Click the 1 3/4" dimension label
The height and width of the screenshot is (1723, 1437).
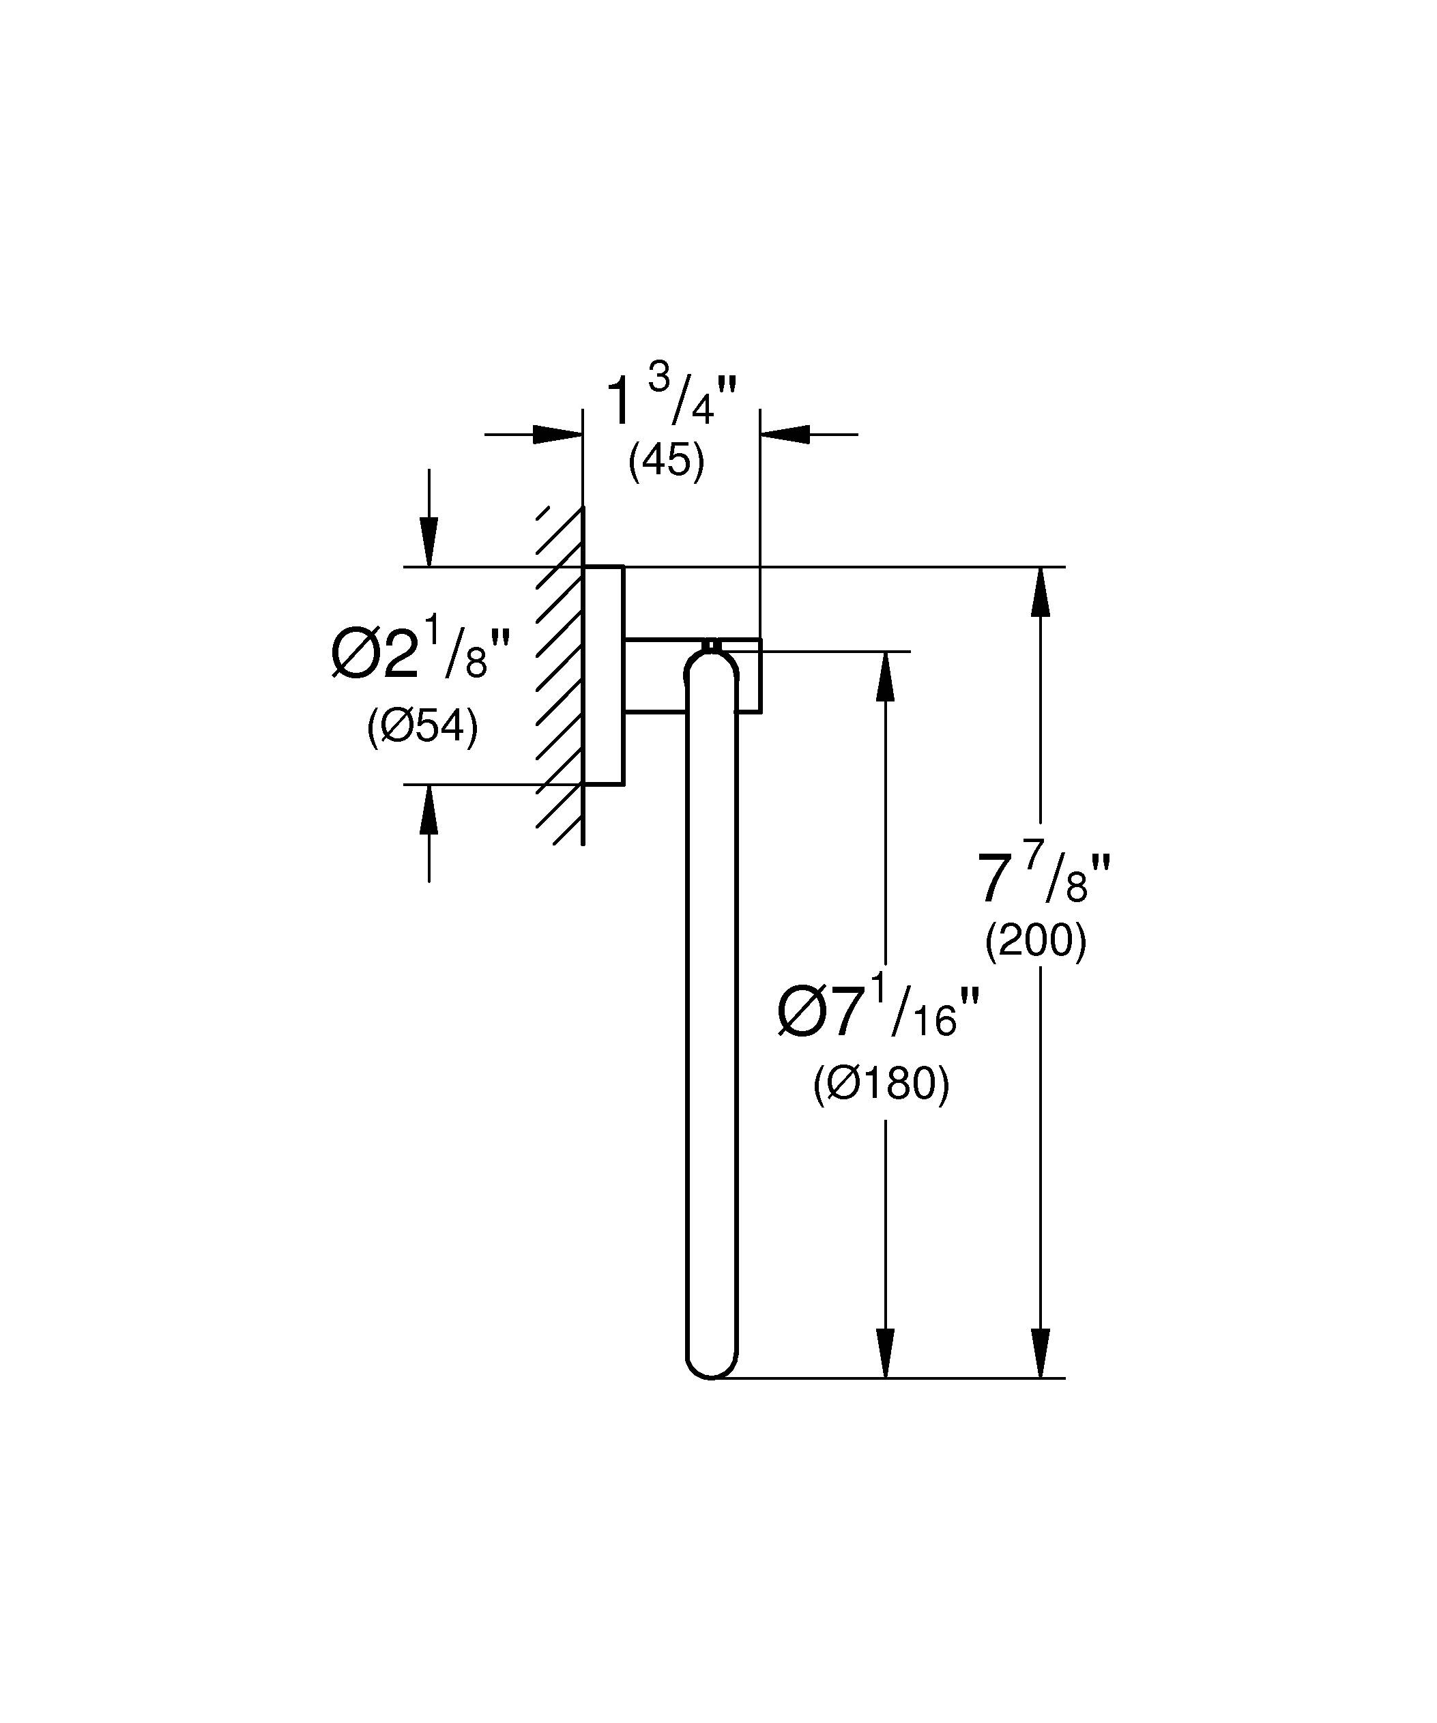[x=671, y=400]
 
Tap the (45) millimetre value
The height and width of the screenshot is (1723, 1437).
[x=666, y=461]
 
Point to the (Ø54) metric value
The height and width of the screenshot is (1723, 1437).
[x=422, y=726]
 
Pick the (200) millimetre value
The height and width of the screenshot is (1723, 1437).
[x=1035, y=940]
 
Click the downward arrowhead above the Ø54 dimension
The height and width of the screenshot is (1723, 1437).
[x=428, y=542]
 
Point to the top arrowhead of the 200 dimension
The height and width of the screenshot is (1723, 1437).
[x=1040, y=591]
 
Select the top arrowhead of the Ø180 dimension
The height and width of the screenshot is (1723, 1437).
[x=885, y=676]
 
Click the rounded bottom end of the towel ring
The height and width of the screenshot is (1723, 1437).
[x=711, y=1365]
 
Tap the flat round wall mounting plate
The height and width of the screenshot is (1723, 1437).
[x=604, y=674]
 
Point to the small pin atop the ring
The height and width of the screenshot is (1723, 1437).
[x=711, y=644]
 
